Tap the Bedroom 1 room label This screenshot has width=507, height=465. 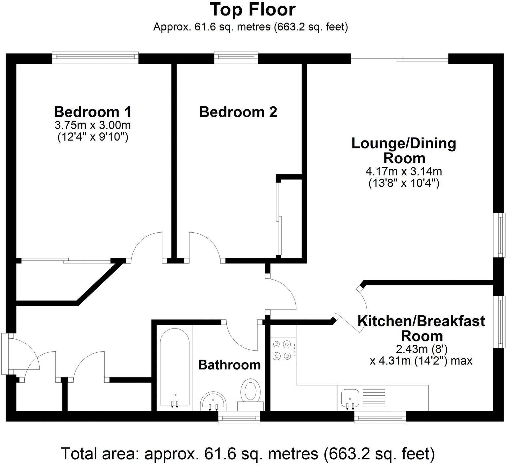tap(92, 112)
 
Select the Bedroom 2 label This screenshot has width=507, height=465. tap(238, 112)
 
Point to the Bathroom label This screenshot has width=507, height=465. tap(229, 365)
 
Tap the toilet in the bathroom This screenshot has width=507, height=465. tap(251, 392)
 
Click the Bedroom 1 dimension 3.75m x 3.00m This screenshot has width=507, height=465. tap(92, 125)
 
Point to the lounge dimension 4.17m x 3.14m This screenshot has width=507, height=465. tap(403, 172)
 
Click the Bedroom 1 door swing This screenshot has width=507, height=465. tap(147, 246)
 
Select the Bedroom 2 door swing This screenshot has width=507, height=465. tap(204, 246)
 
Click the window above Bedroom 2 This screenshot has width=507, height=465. tap(236, 58)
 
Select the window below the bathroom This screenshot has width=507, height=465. tap(239, 418)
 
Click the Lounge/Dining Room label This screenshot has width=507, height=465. tap(404, 151)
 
